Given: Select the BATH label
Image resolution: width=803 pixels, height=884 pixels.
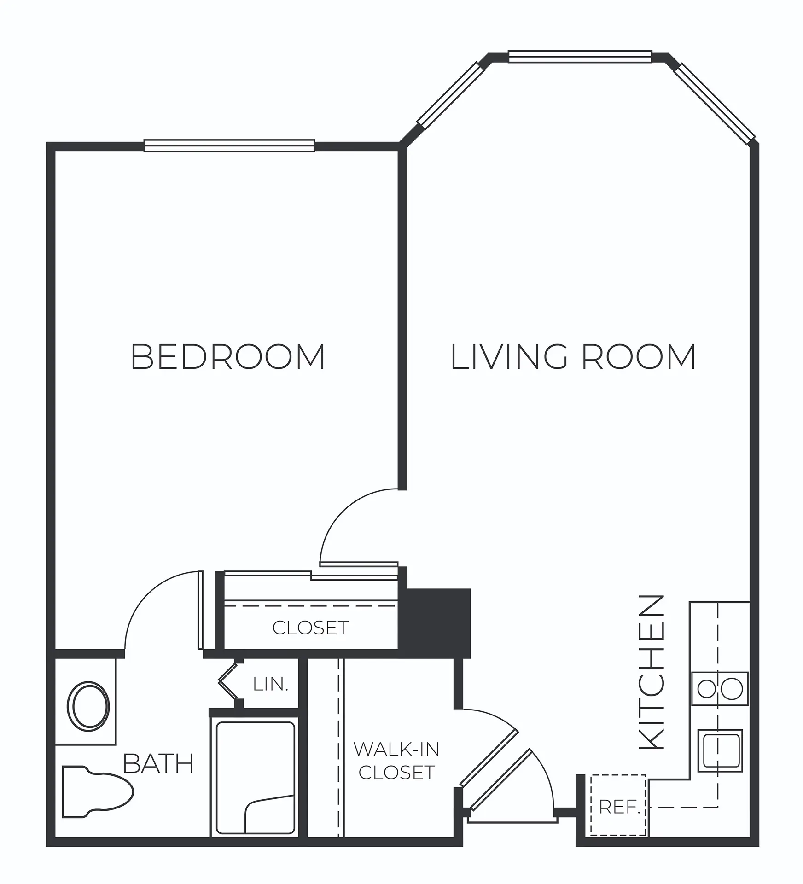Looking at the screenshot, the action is point(158,763).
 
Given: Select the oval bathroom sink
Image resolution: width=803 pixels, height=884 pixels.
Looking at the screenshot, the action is point(88,706).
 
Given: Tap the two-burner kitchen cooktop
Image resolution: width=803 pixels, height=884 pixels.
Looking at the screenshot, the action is point(720,689).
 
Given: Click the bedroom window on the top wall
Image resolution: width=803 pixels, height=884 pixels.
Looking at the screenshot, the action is point(229,145).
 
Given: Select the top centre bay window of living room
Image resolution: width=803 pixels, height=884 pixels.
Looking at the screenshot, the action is point(580,57).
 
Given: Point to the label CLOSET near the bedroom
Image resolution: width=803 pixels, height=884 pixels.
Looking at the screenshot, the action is point(310,628).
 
